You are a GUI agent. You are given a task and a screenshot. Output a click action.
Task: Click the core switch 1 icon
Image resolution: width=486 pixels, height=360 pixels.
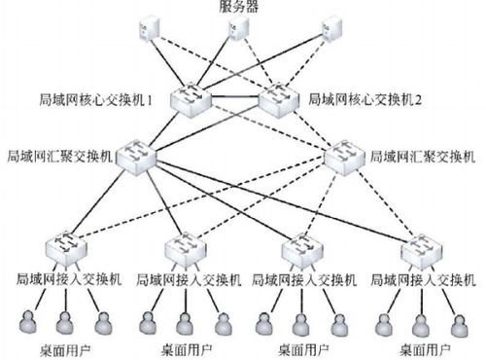click(190, 98)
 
